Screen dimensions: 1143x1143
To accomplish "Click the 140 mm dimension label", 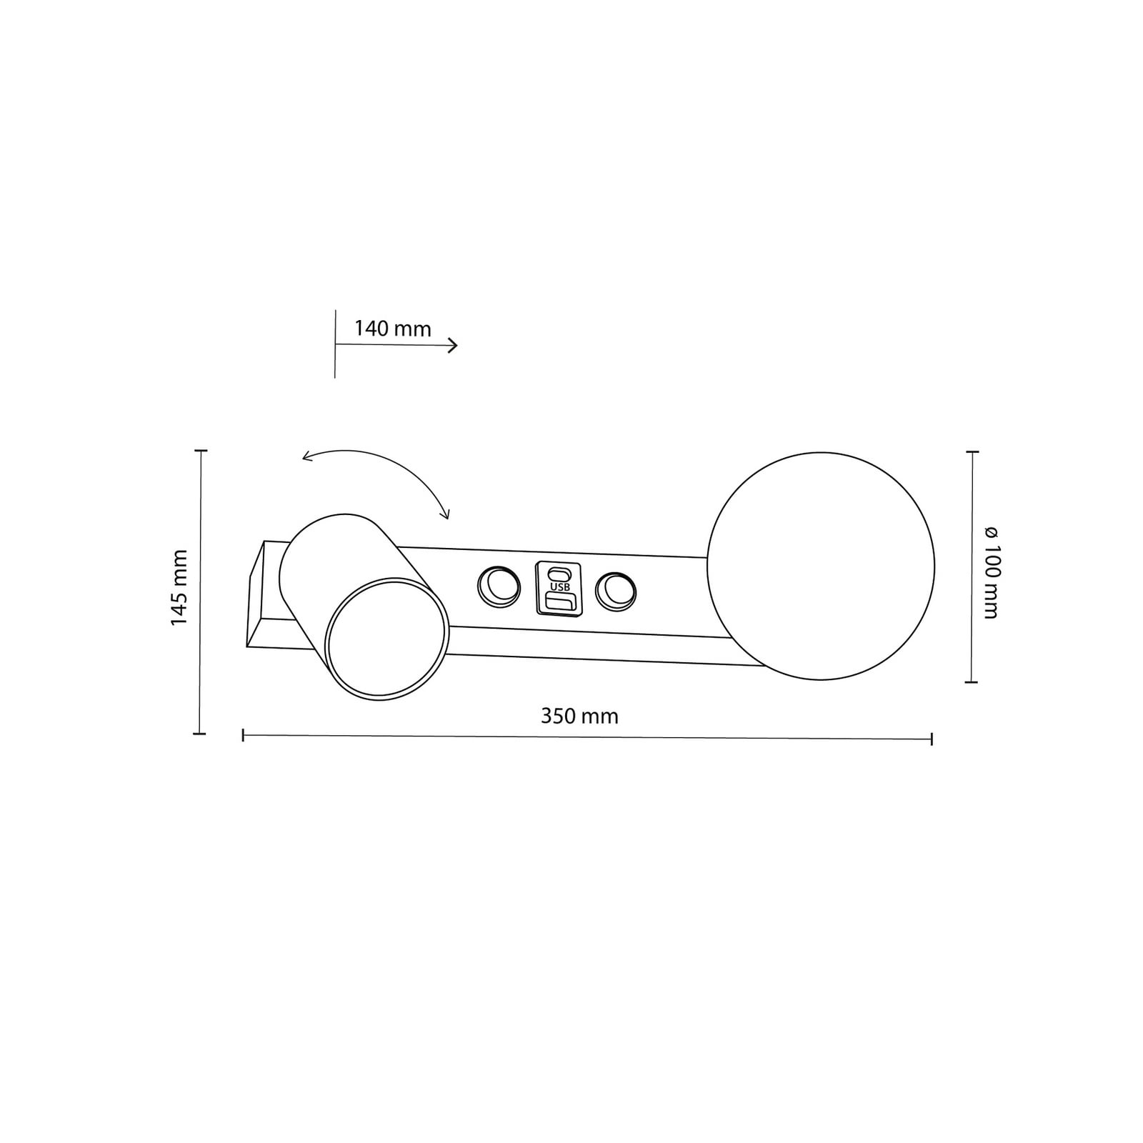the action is [x=393, y=329].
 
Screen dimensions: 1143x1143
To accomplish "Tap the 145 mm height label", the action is [x=179, y=589].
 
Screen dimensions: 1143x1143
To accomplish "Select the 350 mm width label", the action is [x=579, y=716].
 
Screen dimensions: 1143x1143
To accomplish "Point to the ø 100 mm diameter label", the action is [x=990, y=572].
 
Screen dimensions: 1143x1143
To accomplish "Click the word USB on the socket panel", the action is [x=559, y=587].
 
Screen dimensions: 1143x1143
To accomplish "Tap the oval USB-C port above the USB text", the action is [x=559, y=574].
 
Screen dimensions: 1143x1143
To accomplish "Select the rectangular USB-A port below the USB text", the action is [x=559, y=602].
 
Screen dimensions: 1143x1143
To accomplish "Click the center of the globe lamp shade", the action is [x=821, y=566].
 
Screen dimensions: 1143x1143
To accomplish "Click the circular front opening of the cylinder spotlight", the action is [x=386, y=639].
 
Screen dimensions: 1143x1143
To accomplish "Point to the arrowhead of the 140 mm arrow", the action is [x=453, y=346].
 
